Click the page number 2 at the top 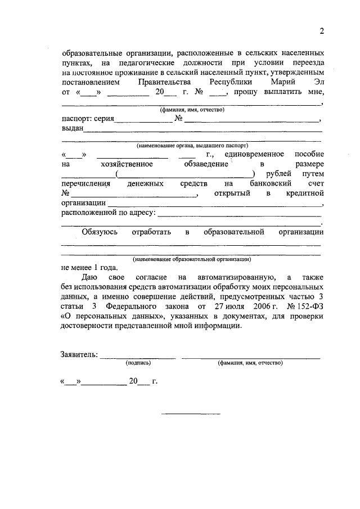click(x=322, y=30)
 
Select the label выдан click(x=73, y=129)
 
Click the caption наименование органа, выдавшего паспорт click(x=192, y=145)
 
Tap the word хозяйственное click(x=127, y=164)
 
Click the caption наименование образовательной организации click(x=192, y=259)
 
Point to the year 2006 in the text click(x=245, y=307)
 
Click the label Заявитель click(x=79, y=354)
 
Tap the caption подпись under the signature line click(x=138, y=363)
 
